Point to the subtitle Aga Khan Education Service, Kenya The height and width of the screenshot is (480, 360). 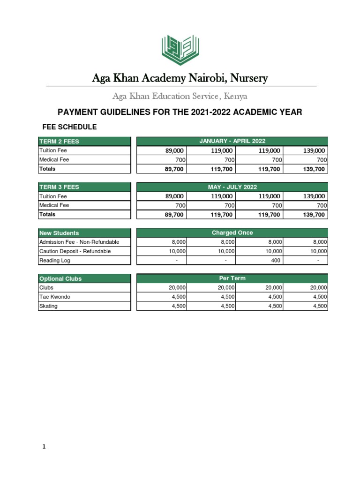180,96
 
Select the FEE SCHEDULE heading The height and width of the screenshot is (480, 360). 69,127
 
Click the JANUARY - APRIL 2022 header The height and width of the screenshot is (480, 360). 232,141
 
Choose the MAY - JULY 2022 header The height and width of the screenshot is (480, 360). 232,187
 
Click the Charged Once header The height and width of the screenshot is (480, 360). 232,232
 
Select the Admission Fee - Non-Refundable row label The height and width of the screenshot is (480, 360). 79,242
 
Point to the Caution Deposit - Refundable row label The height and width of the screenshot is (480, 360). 75,251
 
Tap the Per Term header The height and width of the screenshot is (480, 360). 232,278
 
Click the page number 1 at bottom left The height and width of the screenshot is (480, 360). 44,447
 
